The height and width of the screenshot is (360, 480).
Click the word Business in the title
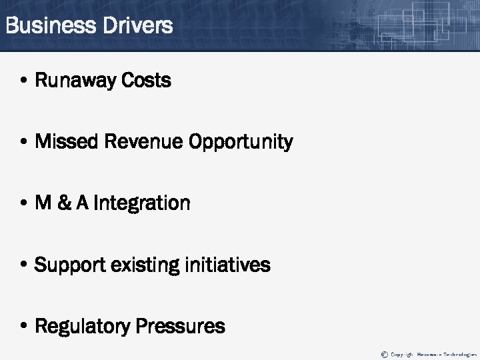[50, 26]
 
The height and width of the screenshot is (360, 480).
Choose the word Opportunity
[241, 143]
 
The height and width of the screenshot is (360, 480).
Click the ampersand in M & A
[65, 203]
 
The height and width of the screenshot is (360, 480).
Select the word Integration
[141, 203]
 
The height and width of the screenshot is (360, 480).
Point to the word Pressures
[180, 326]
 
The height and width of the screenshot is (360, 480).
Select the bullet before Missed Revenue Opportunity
[23, 143]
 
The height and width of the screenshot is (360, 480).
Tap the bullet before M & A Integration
[23, 203]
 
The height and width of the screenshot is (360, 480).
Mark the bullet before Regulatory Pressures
[23, 327]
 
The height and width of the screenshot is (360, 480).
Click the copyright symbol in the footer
[384, 354]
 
